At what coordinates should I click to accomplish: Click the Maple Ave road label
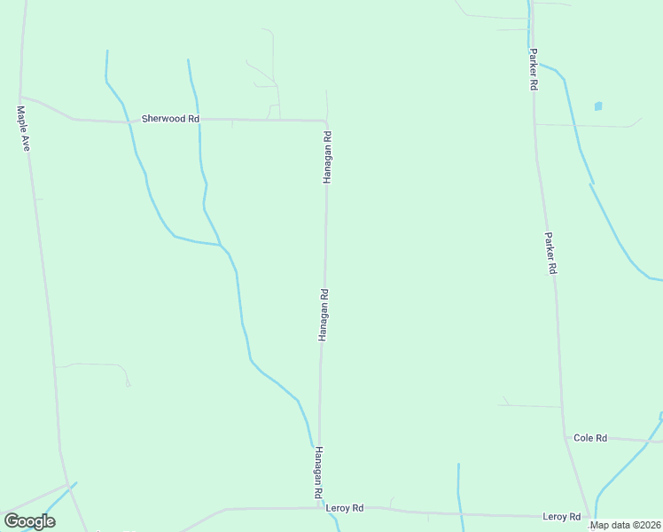pyautogui.click(x=23, y=129)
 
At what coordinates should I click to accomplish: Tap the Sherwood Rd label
pyautogui.click(x=170, y=118)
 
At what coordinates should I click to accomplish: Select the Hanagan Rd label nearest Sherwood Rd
pyautogui.click(x=327, y=157)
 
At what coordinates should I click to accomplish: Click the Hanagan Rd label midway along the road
pyautogui.click(x=324, y=315)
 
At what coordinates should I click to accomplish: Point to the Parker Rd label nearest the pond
pyautogui.click(x=534, y=69)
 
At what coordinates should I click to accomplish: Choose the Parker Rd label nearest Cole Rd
pyautogui.click(x=550, y=254)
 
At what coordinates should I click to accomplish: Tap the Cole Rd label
pyautogui.click(x=590, y=438)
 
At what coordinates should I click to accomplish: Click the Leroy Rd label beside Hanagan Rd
pyautogui.click(x=345, y=508)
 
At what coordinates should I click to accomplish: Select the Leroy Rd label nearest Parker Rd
pyautogui.click(x=563, y=516)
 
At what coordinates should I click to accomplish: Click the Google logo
pyautogui.click(x=29, y=521)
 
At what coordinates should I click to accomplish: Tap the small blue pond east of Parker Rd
pyautogui.click(x=598, y=106)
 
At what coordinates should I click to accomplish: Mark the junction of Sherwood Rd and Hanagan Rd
pyautogui.click(x=325, y=121)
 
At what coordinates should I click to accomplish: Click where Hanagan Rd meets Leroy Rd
pyautogui.click(x=319, y=508)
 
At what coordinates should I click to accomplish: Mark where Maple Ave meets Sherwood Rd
pyautogui.click(x=21, y=97)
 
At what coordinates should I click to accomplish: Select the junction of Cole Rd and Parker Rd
pyautogui.click(x=565, y=436)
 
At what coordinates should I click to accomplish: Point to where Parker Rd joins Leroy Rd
pyautogui.click(x=589, y=517)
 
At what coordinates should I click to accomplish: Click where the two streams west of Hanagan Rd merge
pyautogui.click(x=220, y=244)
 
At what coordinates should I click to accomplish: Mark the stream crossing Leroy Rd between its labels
pyautogui.click(x=459, y=512)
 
